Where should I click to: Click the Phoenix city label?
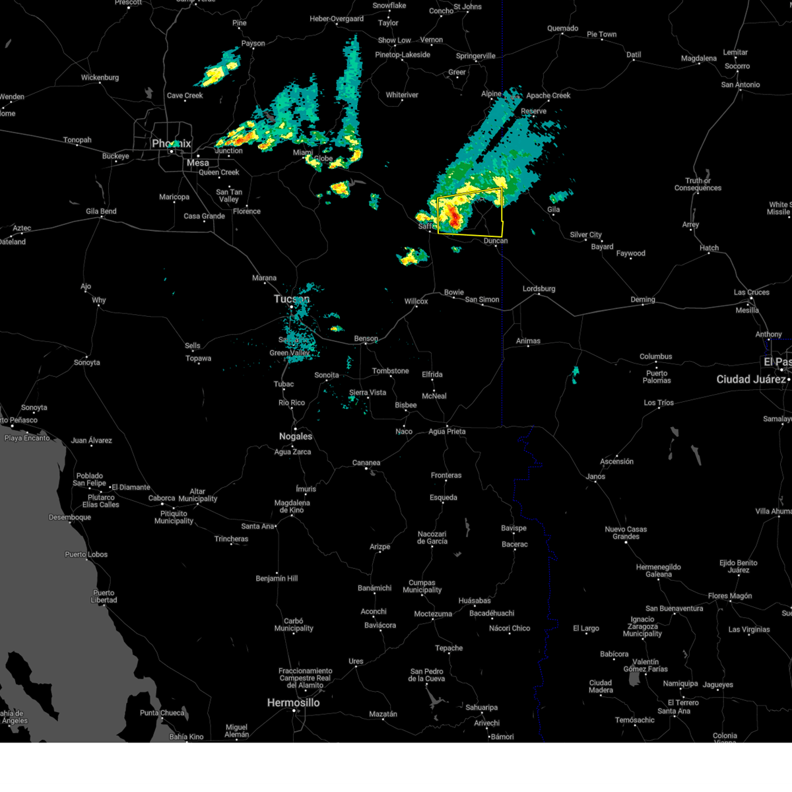[x=171, y=143]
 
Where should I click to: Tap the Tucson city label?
[x=291, y=299]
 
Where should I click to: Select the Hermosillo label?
[x=293, y=703]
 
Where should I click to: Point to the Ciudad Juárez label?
[x=751, y=379]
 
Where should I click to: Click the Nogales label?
[x=295, y=436]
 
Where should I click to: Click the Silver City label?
[x=585, y=235]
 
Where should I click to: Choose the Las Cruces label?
[x=751, y=292]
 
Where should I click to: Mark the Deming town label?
[x=642, y=300]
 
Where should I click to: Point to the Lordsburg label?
[x=539, y=289]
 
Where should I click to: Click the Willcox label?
[x=416, y=302]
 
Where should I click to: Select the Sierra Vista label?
[x=368, y=393]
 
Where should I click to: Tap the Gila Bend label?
[x=101, y=212]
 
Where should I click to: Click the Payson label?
[x=253, y=44]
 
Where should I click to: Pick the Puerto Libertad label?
[x=104, y=596]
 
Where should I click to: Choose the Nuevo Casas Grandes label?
[x=626, y=533]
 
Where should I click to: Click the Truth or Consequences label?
[x=698, y=184]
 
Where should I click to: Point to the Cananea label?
[x=366, y=463]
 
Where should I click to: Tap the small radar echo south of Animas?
[x=575, y=374]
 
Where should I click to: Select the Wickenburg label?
[x=100, y=78]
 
